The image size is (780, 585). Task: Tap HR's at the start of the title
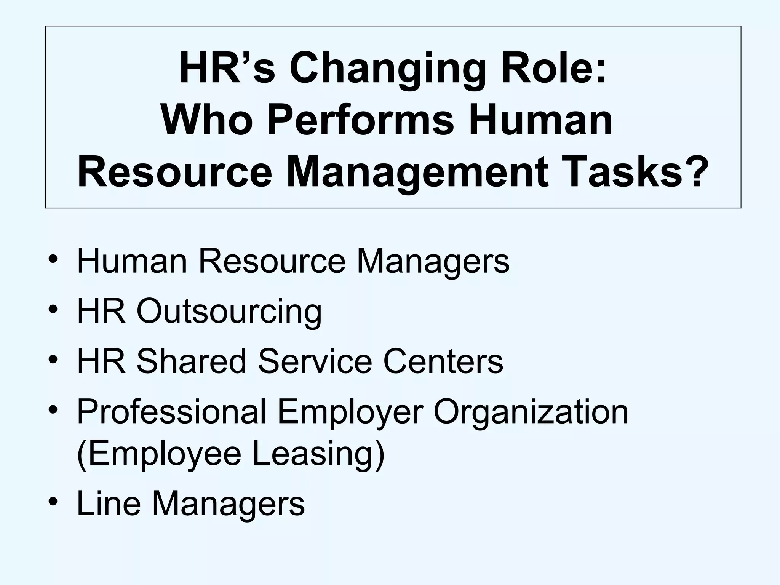coord(227,70)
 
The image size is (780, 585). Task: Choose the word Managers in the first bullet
coord(433,261)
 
